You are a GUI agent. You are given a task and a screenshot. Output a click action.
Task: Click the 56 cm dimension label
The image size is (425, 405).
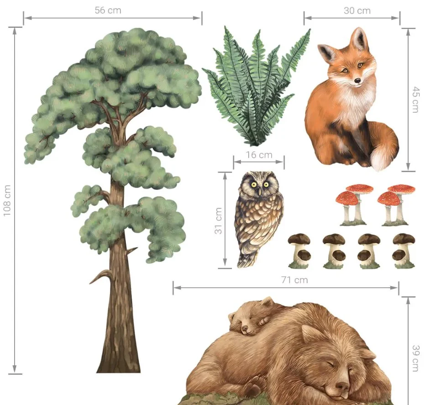point(108,11)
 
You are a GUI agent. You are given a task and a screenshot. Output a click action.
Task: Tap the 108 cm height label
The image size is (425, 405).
point(7,200)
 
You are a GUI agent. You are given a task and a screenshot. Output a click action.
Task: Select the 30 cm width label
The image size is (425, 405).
point(357,11)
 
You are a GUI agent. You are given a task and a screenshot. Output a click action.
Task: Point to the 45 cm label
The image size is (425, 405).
point(415,100)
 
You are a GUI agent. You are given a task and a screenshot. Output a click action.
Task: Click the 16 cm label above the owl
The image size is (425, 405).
point(259,155)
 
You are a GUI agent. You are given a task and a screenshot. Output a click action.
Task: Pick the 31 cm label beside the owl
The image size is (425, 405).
point(218,221)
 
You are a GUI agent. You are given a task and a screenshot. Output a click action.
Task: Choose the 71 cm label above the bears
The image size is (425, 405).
point(294,280)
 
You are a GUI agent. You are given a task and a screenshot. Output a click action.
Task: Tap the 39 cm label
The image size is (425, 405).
point(415,358)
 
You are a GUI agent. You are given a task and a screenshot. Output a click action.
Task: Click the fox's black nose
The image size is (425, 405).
point(358,80)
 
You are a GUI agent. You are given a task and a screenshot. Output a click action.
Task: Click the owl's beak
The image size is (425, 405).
point(260,192)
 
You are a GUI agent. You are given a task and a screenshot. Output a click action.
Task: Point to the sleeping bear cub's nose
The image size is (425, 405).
point(245,329)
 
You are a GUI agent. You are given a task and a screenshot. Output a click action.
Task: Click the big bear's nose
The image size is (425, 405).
point(342,386)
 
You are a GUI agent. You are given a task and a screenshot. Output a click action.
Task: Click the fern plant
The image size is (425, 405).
point(256,86)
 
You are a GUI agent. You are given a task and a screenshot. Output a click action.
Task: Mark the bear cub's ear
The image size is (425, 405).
point(267,301)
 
